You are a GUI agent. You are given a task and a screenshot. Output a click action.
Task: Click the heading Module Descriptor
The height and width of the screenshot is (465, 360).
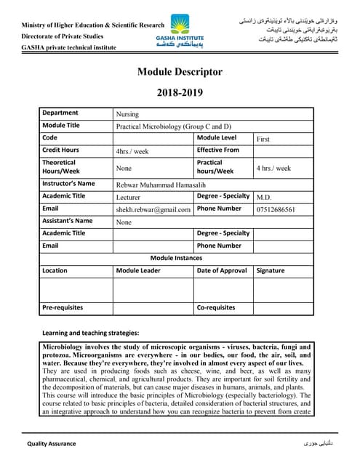[180, 72]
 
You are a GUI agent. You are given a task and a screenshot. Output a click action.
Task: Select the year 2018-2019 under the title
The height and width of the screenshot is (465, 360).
[180, 93]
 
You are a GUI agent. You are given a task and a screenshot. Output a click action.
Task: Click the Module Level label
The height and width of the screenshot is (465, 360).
[217, 137]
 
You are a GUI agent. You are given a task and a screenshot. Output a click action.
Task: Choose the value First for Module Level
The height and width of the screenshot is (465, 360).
[263, 138]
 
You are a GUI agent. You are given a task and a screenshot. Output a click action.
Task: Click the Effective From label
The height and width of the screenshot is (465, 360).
[218, 150]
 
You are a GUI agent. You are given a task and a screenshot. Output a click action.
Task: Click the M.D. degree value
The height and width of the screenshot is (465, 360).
[264, 197]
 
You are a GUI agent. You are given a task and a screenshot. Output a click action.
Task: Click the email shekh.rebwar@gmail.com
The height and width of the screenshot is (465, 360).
[153, 209]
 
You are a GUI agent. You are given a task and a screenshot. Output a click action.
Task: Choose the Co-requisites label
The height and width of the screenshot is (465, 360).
[216, 307]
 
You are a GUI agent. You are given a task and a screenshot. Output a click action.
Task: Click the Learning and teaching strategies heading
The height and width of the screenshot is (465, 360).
[91, 333]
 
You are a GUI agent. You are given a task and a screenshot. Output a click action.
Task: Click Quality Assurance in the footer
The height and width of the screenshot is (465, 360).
[52, 443]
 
